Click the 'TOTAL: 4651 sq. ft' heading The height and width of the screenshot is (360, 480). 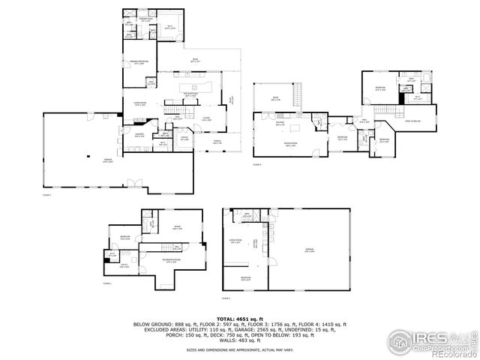click(x=240, y=319)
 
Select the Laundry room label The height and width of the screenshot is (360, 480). click(x=139, y=136)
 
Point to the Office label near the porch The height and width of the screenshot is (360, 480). click(x=184, y=139)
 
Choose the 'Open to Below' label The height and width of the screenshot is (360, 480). click(x=412, y=121)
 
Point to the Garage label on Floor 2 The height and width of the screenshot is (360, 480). click(x=310, y=250)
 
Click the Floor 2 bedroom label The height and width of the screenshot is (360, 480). click(x=245, y=279)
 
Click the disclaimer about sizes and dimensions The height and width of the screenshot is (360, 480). click(x=240, y=350)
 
